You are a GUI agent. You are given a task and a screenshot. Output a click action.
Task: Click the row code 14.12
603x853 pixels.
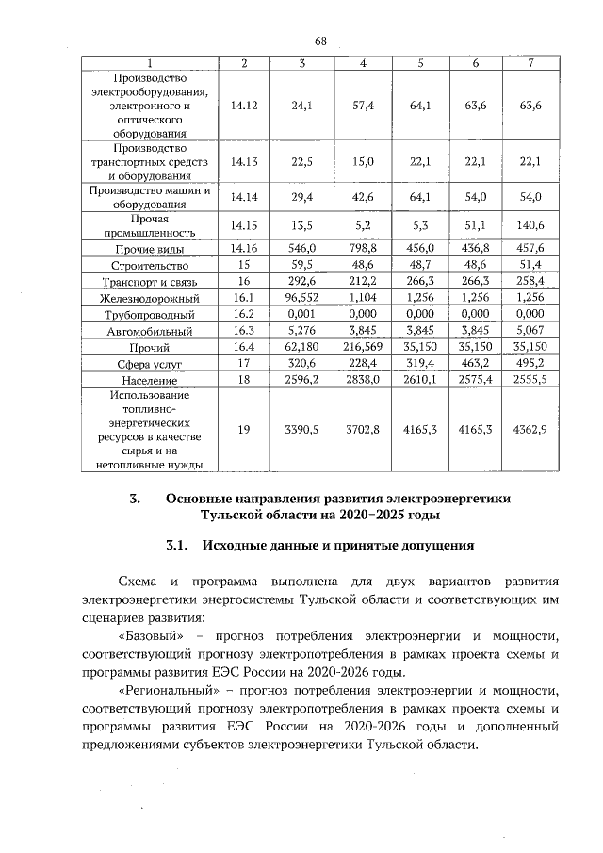click(x=244, y=106)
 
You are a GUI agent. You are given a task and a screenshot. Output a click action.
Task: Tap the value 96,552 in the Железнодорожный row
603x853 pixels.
click(x=301, y=298)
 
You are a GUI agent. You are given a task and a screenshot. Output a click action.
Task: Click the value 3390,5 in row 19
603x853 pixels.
click(x=301, y=428)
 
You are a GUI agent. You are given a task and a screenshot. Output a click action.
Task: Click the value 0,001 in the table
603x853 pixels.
click(x=301, y=314)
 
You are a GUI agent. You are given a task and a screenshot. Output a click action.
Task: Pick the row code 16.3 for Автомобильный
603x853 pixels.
click(x=244, y=330)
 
